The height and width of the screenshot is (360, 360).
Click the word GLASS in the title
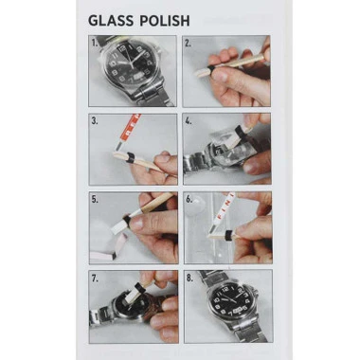[112, 20]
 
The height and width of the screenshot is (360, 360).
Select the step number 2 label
[189, 43]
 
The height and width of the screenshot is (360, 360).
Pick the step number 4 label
[189, 121]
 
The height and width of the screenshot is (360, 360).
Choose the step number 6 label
[189, 200]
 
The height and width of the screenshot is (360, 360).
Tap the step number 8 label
[189, 278]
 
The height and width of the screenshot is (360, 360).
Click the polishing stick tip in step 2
[202, 71]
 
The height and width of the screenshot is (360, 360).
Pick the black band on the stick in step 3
[124, 152]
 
